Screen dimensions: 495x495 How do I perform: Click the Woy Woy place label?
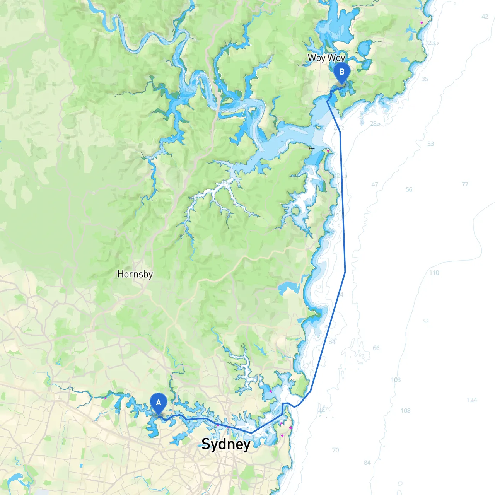(326, 58)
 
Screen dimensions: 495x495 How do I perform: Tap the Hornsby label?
(135, 274)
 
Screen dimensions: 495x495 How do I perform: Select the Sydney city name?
(226, 444)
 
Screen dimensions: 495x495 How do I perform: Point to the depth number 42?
(485, 17)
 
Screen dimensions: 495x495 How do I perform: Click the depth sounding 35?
(425, 79)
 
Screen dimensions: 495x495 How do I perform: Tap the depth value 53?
(430, 144)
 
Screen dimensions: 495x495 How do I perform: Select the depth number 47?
(375, 184)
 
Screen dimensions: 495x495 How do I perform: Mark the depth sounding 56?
(409, 189)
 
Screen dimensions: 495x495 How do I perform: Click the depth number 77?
(465, 184)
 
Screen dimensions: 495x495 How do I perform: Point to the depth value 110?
(434, 273)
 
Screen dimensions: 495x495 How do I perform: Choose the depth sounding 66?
(376, 348)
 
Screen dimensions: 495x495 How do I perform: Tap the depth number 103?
(396, 380)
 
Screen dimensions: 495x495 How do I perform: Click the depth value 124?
(472, 400)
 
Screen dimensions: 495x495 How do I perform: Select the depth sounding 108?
(405, 411)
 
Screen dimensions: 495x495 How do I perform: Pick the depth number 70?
(335, 450)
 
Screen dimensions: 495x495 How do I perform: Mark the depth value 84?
(367, 463)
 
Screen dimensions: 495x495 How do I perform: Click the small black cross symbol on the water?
(312, 148)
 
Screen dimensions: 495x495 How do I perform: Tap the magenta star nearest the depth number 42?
(422, 23)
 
